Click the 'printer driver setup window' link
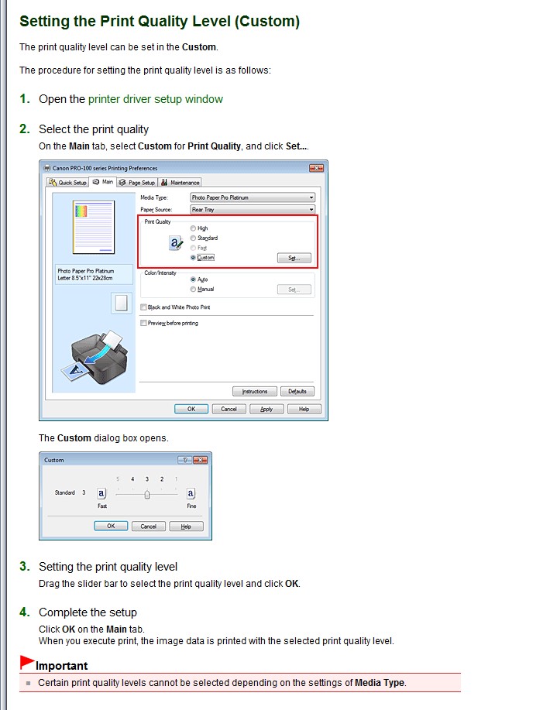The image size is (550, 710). tap(156, 99)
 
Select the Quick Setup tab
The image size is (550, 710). tap(67, 183)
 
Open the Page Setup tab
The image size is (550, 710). tap(137, 183)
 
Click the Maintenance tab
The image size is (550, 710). tap(180, 183)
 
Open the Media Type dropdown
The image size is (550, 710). tap(253, 197)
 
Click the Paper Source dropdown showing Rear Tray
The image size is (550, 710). tap(253, 210)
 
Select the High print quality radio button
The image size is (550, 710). tap(193, 228)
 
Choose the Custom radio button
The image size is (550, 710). tap(193, 257)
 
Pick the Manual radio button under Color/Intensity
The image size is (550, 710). tap(193, 289)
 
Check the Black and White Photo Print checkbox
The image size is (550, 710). tap(143, 307)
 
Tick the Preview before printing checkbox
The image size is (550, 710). tap(143, 323)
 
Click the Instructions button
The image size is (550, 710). tap(255, 391)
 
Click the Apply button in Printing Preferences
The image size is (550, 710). tap(266, 409)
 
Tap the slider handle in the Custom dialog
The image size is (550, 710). tap(146, 495)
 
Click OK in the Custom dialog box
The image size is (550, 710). tap(111, 526)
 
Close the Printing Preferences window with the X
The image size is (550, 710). tap(316, 168)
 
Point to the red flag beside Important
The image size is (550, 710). tap(27, 662)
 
